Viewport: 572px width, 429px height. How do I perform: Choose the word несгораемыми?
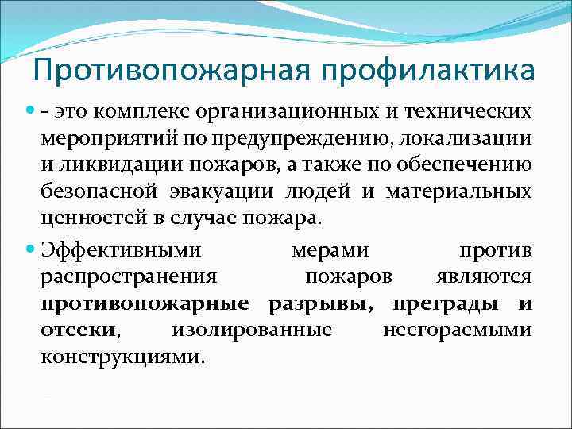458,329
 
